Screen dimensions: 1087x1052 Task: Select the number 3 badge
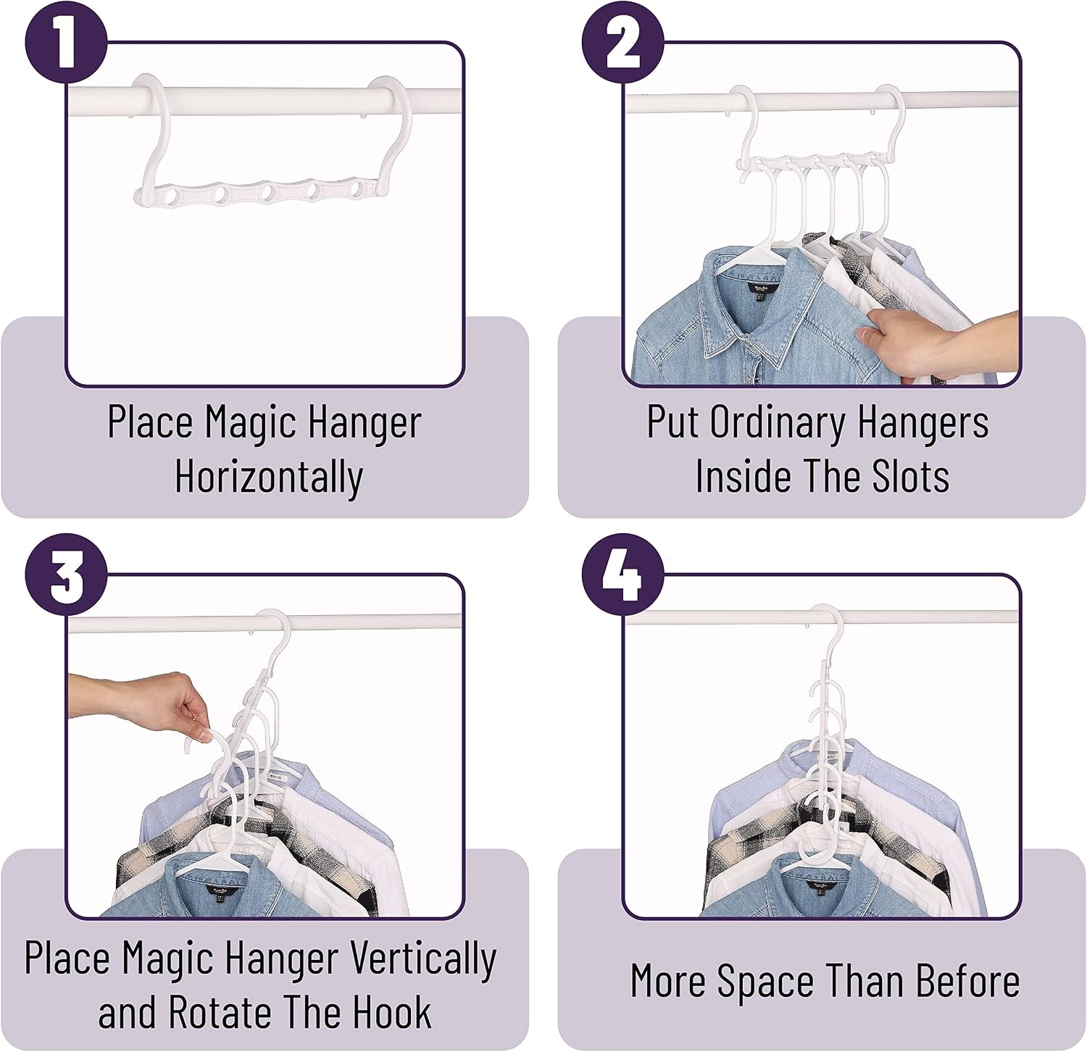tap(66, 575)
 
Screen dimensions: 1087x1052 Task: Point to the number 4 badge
tap(622, 575)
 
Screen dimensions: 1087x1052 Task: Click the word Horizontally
tap(269, 477)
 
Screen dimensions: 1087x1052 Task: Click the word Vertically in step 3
tap(423, 959)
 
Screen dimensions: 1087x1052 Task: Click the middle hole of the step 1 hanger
tap(267, 193)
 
